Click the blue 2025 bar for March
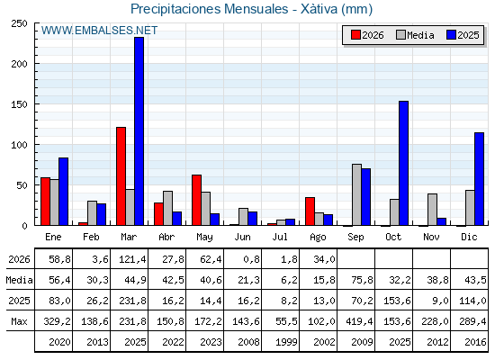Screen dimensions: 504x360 click(139, 131)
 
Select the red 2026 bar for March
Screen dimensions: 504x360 click(121, 176)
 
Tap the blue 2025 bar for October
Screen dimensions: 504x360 click(404, 163)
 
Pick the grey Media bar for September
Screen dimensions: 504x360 click(356, 194)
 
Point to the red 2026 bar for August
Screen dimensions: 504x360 click(310, 211)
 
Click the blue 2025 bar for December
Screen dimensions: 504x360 click(479, 179)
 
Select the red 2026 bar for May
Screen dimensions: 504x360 click(196, 200)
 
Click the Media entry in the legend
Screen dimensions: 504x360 click(415, 35)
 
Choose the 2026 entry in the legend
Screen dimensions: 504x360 click(367, 35)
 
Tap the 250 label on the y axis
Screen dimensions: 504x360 click(19, 23)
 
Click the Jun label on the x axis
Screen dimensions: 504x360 click(242, 237)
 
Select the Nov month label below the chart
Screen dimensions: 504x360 click(431, 237)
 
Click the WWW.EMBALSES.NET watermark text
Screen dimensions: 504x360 click(99, 31)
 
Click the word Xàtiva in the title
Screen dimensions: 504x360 click(319, 9)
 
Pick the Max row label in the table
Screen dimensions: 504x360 click(19, 321)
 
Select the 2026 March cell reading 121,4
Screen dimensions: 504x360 click(132, 259)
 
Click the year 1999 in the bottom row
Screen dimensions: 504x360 click(286, 342)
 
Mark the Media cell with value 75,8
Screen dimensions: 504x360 click(362, 280)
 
